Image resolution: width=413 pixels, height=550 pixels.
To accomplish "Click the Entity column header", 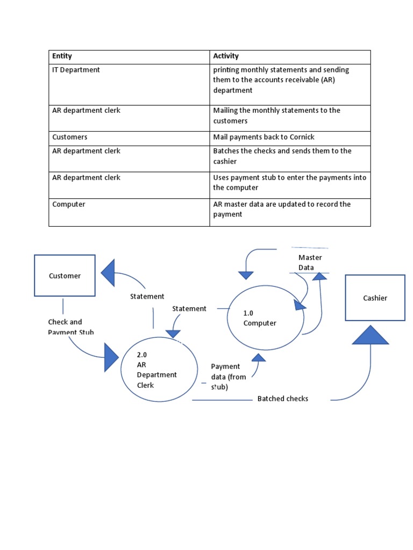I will tap(62, 56).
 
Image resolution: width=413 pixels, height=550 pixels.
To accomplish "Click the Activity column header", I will tap(226, 56).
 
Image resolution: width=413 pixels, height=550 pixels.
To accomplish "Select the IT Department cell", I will tap(76, 70).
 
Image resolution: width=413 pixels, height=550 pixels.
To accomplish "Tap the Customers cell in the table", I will tap(70, 137).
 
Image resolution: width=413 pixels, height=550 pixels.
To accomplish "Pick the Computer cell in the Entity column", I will tap(69, 204).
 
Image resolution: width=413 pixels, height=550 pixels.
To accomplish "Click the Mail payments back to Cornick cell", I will tap(264, 137).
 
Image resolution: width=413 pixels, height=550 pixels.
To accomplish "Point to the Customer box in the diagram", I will tap(65, 276).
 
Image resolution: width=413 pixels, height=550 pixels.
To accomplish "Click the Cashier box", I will tap(375, 298).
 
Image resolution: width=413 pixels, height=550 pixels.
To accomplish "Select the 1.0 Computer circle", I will tap(265, 318).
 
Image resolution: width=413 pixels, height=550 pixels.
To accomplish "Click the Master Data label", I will tap(310, 263).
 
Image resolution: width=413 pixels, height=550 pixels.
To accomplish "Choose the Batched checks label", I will tap(282, 399).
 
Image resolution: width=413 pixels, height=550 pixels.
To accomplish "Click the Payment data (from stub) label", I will tap(225, 377).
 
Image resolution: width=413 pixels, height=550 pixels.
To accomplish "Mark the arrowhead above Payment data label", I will tap(259, 357).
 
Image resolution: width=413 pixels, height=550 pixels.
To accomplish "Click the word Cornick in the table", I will tap(302, 137).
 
